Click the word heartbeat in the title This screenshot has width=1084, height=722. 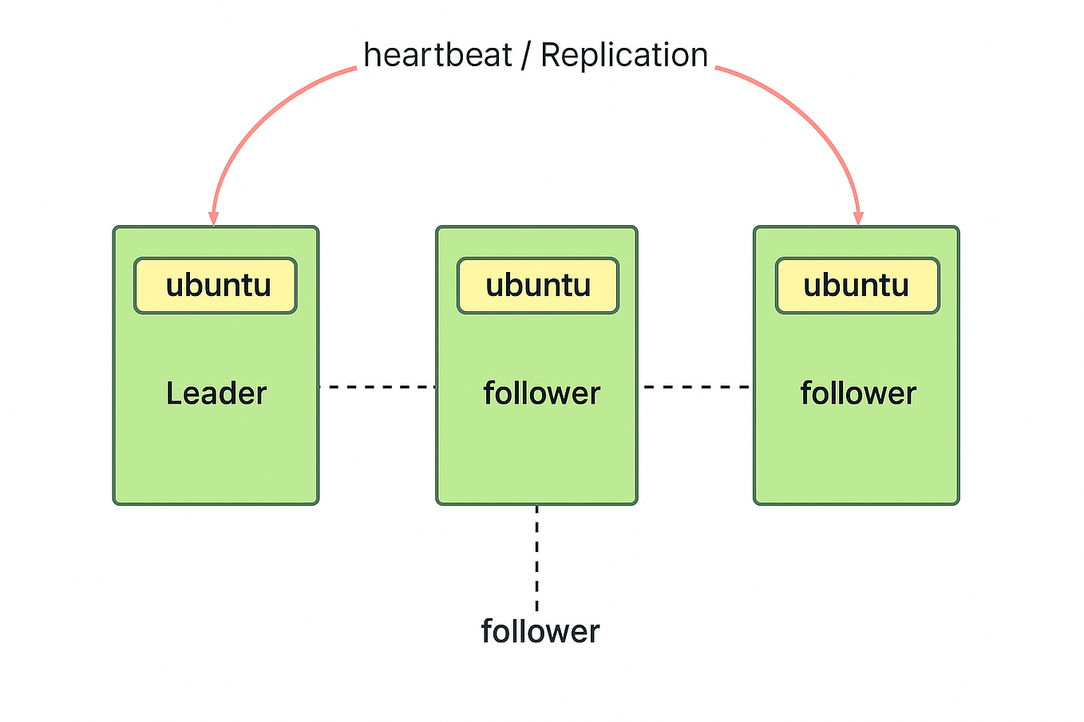click(437, 56)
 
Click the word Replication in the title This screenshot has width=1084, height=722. click(624, 56)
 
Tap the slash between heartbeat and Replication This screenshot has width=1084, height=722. click(525, 56)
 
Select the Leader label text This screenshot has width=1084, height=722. click(216, 393)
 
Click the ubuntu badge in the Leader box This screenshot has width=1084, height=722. click(216, 286)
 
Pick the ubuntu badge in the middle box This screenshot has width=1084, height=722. click(537, 286)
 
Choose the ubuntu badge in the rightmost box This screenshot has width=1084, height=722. click(857, 286)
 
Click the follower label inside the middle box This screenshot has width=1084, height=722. click(541, 393)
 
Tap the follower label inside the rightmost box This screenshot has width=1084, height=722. click(858, 393)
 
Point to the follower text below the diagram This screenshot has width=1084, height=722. click(540, 632)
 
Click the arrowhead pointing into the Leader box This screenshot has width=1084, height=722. click(213, 219)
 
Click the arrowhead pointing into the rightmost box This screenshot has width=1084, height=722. click(858, 219)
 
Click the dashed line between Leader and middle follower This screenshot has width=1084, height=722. click(377, 387)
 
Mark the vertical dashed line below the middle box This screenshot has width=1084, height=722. click(536, 558)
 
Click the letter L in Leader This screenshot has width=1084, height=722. click(174, 393)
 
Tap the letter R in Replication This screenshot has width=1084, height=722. click(551, 56)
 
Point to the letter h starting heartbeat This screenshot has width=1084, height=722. click(372, 56)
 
